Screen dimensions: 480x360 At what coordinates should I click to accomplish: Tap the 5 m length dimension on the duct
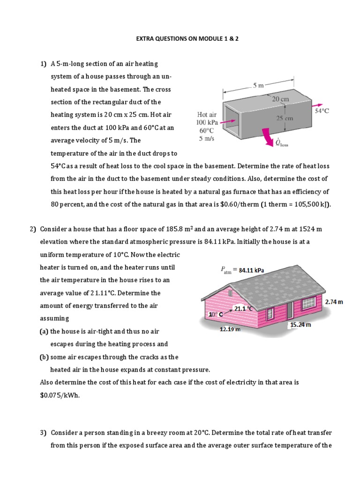tap(258, 85)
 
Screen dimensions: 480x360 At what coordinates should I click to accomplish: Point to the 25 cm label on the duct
tap(285, 119)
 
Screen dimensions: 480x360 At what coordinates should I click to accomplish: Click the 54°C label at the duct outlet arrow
tap(322, 111)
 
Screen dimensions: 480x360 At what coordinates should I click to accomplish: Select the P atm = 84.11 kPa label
tap(242, 270)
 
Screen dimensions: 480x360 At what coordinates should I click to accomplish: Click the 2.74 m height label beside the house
tap(334, 302)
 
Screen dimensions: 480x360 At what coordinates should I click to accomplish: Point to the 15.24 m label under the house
tap(300, 324)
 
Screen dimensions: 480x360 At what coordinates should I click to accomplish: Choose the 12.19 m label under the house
tap(230, 329)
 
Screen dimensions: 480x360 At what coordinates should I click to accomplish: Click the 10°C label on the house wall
tap(216, 314)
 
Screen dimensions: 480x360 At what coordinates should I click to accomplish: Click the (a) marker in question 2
tap(44, 331)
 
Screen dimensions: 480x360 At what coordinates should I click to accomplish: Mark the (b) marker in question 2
tap(44, 357)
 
